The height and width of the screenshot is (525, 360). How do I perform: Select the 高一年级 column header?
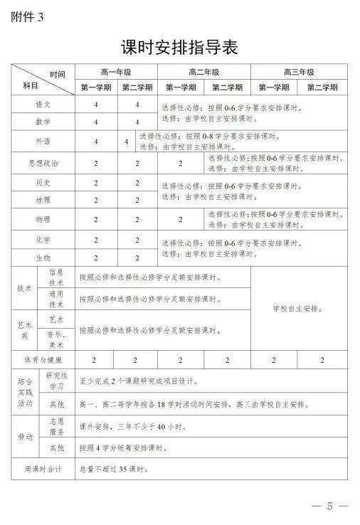click(x=117, y=72)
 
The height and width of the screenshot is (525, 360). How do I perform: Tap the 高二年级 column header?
click(x=203, y=72)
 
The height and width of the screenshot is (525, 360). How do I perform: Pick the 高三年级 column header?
click(x=298, y=72)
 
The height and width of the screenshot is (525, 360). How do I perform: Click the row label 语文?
click(x=43, y=104)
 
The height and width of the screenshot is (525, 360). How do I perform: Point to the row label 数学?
click(x=43, y=122)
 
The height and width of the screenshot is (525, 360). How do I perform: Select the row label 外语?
click(x=43, y=141)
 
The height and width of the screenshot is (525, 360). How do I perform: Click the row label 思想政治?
click(x=43, y=162)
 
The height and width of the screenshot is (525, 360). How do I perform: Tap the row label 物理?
click(x=43, y=219)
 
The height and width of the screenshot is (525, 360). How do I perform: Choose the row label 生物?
click(x=43, y=257)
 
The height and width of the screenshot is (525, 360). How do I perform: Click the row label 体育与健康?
click(x=43, y=360)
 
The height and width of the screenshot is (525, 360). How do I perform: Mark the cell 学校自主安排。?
click(x=298, y=309)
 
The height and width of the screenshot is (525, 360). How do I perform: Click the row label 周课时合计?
click(x=43, y=469)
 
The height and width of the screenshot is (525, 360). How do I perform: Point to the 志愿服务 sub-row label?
click(x=57, y=426)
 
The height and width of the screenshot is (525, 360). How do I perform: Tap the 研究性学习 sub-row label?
click(x=57, y=381)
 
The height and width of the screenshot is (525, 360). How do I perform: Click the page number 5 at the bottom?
click(x=329, y=507)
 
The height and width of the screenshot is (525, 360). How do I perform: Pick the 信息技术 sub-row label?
click(x=57, y=277)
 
